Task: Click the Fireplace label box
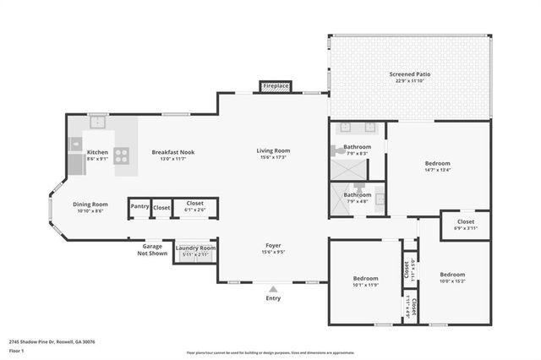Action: [276, 86]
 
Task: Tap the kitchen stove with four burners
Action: [121, 155]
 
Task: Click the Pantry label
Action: [139, 206]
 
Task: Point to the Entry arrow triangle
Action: [273, 289]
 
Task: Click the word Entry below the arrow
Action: [273, 298]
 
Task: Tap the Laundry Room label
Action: [196, 248]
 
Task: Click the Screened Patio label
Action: [409, 74]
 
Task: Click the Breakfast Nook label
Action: [173, 152]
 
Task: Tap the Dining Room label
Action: [89, 204]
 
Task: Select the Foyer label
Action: [273, 245]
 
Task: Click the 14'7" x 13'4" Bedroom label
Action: [437, 163]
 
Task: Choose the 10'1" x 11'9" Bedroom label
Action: [365, 278]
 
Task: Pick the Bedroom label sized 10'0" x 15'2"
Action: [452, 275]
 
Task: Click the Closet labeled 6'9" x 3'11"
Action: [466, 222]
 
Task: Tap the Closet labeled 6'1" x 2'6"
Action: [195, 204]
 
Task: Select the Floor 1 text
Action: [16, 350]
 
